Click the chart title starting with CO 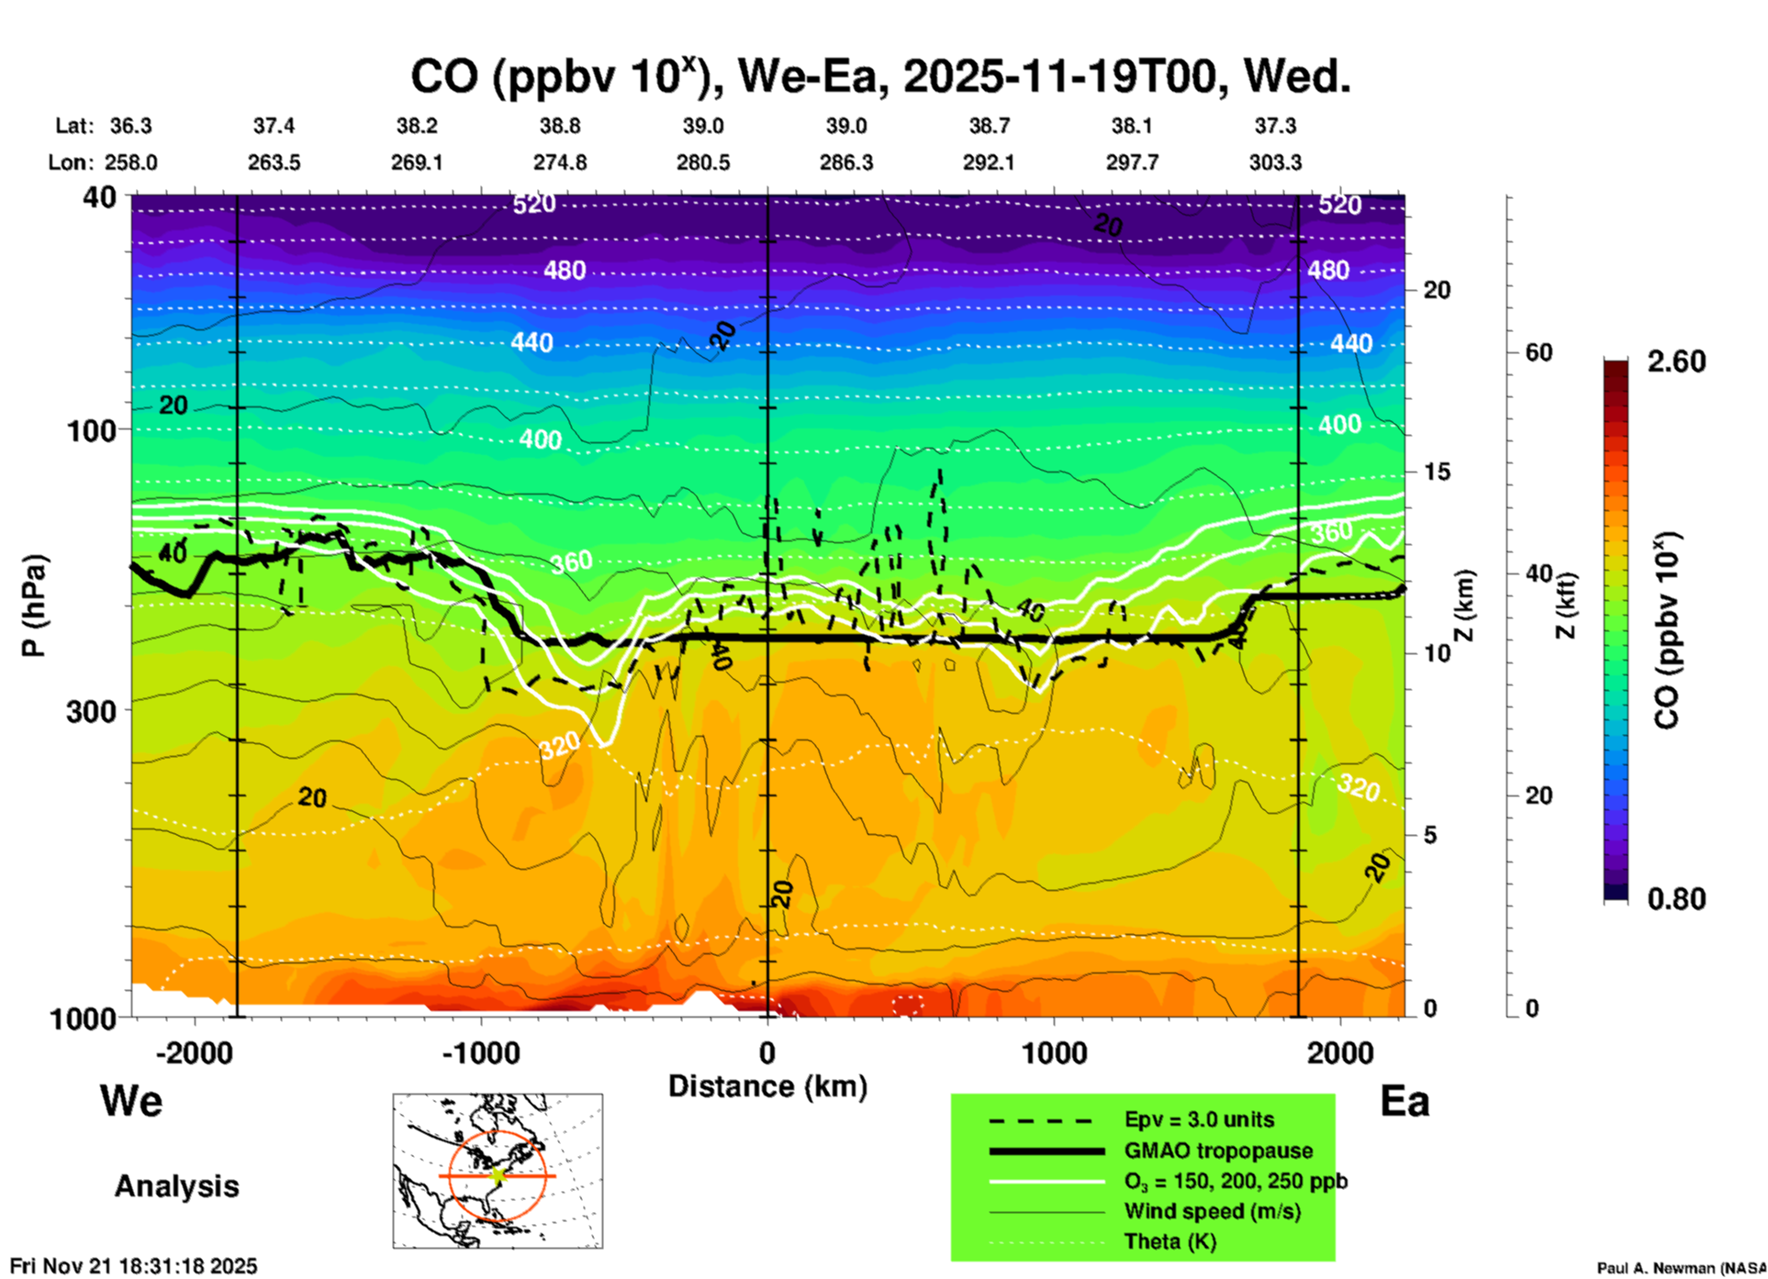(879, 77)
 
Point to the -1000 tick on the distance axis (480, 1052)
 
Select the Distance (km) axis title (767, 1086)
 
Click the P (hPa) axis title (34, 606)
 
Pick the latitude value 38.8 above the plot (559, 126)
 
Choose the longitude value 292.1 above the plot (989, 162)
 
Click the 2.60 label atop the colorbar (1676, 361)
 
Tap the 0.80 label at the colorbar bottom (1676, 898)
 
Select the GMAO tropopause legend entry (1218, 1151)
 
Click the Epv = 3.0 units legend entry (1199, 1119)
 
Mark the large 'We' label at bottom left (131, 1100)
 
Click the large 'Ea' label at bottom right (1404, 1101)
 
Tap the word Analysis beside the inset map (176, 1185)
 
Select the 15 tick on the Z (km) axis (1437, 472)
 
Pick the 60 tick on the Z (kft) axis (1539, 352)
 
